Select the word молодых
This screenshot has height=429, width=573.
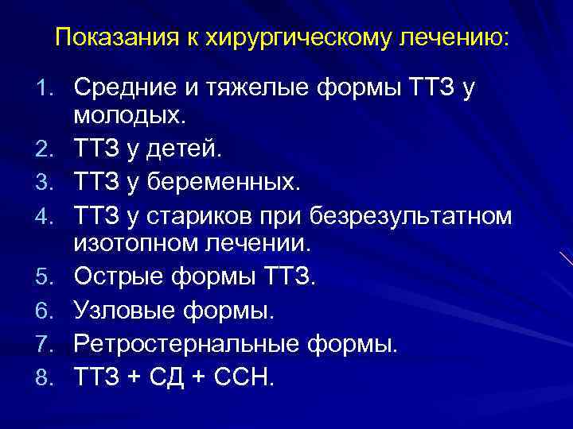pyautogui.click(x=129, y=117)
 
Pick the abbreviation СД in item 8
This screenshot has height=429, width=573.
pyautogui.click(x=168, y=376)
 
